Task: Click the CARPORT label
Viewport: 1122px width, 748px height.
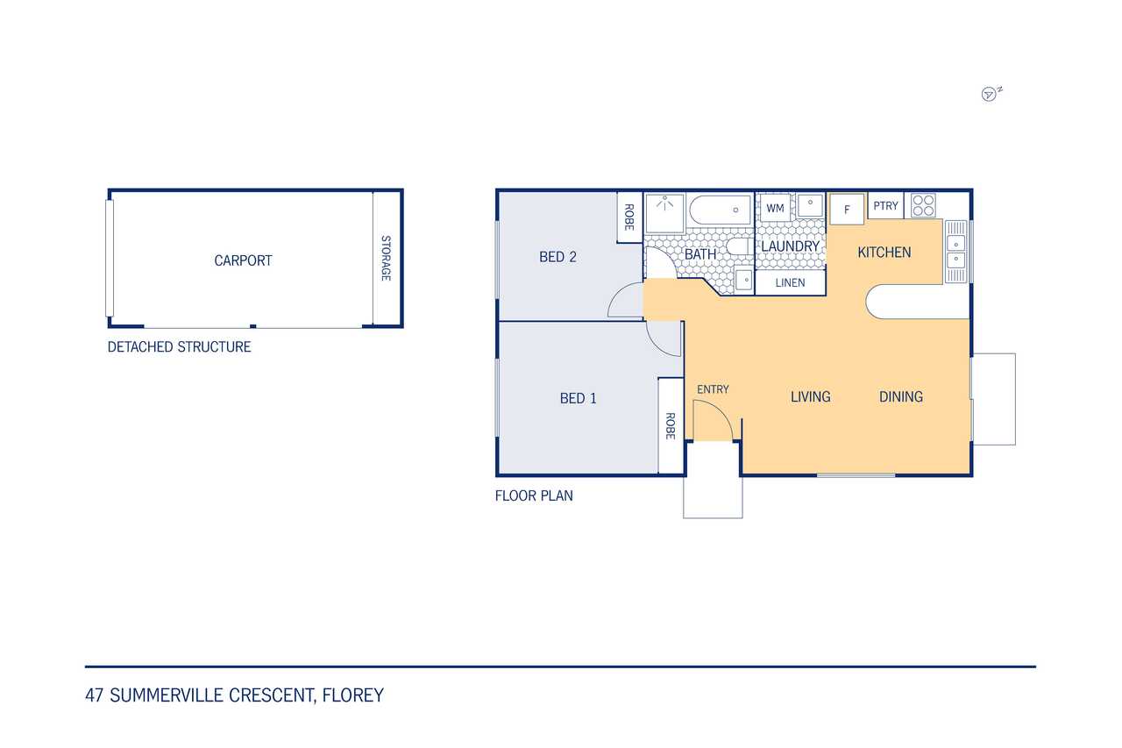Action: click(x=243, y=260)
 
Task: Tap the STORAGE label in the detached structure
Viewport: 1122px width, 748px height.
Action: click(x=386, y=258)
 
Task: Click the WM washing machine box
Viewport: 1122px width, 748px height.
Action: click(x=775, y=208)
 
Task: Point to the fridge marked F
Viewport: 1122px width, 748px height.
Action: click(x=847, y=209)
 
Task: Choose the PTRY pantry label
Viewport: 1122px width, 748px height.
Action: click(x=885, y=206)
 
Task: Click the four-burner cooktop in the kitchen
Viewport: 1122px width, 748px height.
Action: click(x=923, y=205)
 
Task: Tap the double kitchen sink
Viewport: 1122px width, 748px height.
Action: click(x=955, y=252)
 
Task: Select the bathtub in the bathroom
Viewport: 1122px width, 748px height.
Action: click(x=720, y=210)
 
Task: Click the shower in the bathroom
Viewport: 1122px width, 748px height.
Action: click(x=664, y=213)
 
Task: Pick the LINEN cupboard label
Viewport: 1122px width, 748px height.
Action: click(x=790, y=282)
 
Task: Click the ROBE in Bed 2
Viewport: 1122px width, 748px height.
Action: click(x=629, y=217)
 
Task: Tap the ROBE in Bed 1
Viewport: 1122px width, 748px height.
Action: click(x=671, y=426)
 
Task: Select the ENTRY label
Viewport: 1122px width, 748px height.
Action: click(x=713, y=389)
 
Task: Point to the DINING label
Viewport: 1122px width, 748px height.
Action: click(x=900, y=396)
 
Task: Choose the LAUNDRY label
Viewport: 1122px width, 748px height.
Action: click(x=790, y=246)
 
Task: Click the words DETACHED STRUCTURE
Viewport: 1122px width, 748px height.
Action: click(x=179, y=346)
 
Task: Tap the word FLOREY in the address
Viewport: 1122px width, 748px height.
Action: click(x=352, y=695)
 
